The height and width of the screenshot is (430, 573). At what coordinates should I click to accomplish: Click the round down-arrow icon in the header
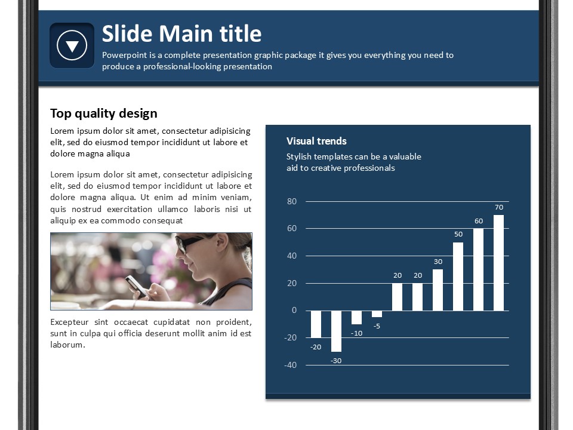click(72, 45)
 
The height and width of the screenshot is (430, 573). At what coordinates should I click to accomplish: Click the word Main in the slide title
click(186, 33)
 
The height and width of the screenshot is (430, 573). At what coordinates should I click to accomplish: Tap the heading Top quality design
click(104, 113)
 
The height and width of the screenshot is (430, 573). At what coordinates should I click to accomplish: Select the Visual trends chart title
click(316, 141)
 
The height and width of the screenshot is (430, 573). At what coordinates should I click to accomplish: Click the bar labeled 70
click(498, 263)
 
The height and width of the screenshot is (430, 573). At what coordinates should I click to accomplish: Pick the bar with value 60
click(478, 269)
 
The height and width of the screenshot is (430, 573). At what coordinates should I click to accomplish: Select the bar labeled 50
click(458, 277)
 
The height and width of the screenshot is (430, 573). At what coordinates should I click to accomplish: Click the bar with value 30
click(438, 290)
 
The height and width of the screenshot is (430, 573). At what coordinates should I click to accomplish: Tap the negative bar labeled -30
click(336, 331)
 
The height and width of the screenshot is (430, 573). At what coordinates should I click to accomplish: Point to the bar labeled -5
click(377, 314)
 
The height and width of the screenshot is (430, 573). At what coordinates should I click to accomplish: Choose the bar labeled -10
click(357, 317)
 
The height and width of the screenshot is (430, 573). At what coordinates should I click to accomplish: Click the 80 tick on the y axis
click(292, 201)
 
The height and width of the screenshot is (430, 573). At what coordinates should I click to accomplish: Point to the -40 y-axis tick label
click(291, 365)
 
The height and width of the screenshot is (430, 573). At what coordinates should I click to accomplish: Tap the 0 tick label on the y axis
click(294, 311)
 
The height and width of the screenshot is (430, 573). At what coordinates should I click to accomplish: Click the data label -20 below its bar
click(316, 347)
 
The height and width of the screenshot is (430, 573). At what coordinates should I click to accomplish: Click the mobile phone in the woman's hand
click(135, 285)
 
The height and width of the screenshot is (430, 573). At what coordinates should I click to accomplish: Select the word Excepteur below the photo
click(69, 322)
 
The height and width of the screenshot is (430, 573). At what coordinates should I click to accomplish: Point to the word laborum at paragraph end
click(67, 345)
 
